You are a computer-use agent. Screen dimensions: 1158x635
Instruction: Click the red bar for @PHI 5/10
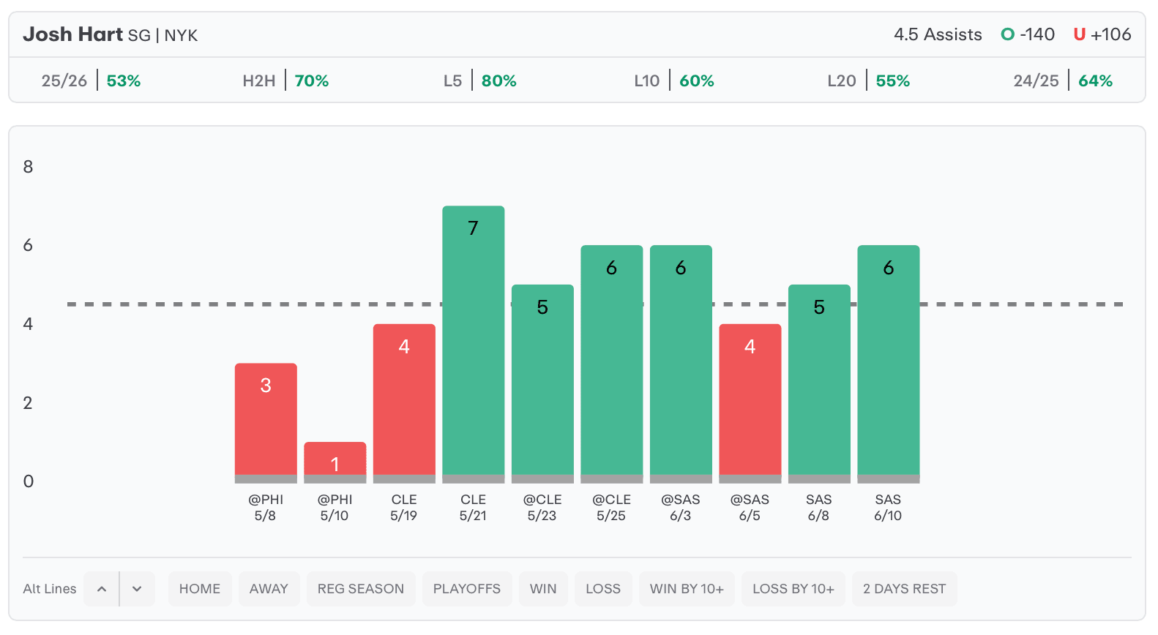[x=335, y=459]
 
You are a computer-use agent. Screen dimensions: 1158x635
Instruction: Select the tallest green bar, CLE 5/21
[x=474, y=340]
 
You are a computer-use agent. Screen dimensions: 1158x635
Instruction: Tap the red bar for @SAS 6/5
[x=750, y=399]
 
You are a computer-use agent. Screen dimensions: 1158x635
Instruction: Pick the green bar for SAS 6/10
[x=889, y=360]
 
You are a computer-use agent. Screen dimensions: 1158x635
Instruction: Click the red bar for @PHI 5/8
[x=266, y=419]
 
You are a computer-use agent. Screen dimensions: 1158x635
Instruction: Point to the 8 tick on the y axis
[x=28, y=166]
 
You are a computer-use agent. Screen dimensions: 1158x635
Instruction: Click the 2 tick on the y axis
[x=28, y=402]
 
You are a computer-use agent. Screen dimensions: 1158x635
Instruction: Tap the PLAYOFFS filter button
[x=467, y=588]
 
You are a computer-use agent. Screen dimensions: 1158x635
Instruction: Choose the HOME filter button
[x=200, y=588]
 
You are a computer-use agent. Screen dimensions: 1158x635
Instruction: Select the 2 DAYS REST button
[x=904, y=588]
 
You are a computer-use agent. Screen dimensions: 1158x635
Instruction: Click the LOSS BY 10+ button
[x=793, y=588]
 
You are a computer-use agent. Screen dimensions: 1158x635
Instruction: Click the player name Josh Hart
[x=73, y=34]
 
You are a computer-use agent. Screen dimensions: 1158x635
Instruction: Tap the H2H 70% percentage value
[x=312, y=80]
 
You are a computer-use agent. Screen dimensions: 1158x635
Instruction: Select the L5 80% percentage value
[x=499, y=80]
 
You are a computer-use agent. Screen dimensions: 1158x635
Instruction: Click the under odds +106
[x=1110, y=34]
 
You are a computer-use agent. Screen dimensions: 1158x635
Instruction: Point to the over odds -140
[x=1037, y=34]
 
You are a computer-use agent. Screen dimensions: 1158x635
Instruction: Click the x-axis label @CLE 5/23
[x=542, y=508]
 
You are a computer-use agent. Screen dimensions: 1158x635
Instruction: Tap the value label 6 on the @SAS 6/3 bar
[x=681, y=268]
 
